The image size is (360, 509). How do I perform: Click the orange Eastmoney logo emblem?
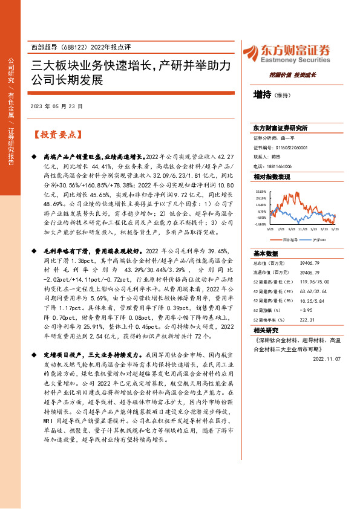click(250, 53)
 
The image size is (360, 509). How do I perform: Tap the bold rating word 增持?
click(262, 95)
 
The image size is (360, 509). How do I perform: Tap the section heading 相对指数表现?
click(272, 177)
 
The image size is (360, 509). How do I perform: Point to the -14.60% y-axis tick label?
click(261, 224)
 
